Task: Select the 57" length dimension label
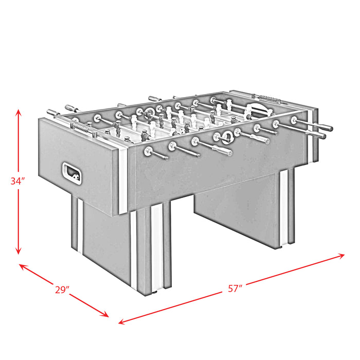point(235,289)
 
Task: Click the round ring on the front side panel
point(225,137)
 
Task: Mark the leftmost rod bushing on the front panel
point(148,151)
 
